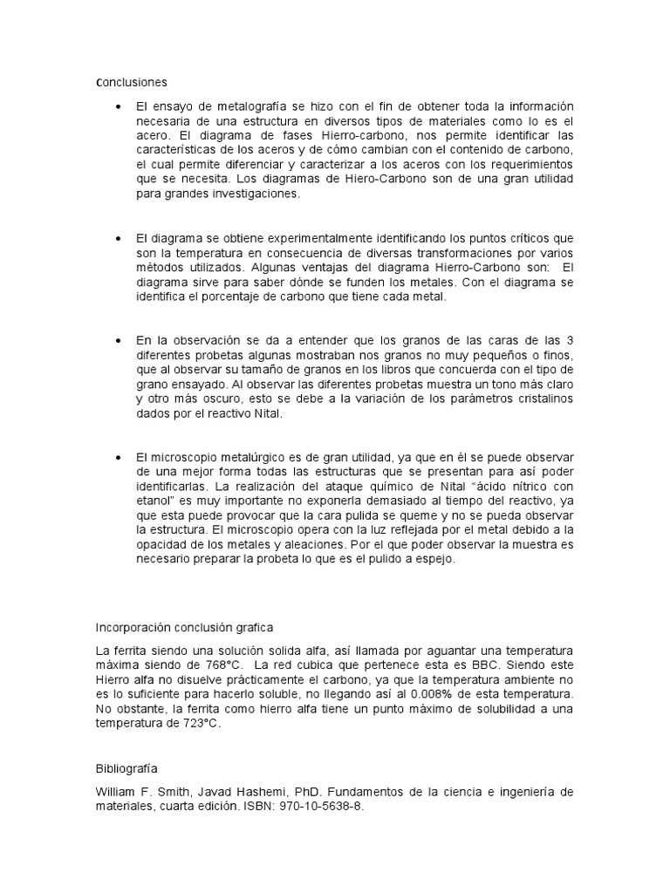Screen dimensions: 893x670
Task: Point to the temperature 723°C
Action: pos(200,724)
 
